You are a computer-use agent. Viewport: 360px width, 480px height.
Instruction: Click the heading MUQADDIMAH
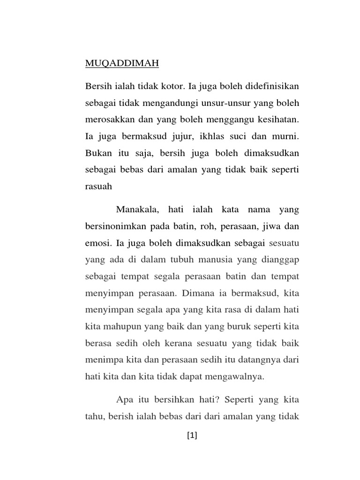tap(115, 63)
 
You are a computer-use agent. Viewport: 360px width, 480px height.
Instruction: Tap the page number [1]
tap(192, 436)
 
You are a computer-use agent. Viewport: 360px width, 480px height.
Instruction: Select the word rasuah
tap(99, 186)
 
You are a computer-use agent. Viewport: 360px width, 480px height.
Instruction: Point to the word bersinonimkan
tap(115, 226)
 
